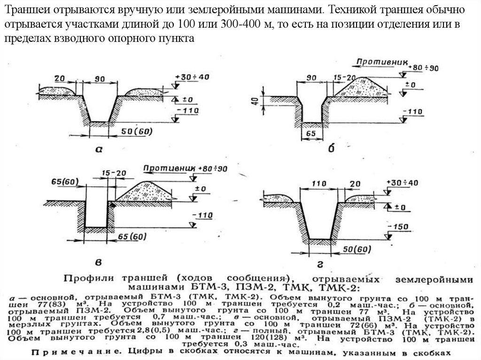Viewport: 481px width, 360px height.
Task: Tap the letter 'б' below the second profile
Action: click(331, 149)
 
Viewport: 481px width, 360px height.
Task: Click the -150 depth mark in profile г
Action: click(401, 227)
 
